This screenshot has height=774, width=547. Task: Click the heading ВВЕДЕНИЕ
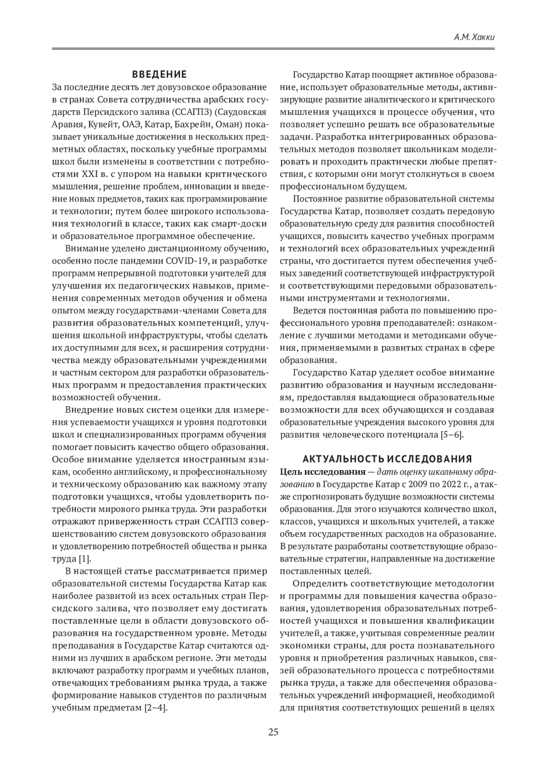tap(159, 74)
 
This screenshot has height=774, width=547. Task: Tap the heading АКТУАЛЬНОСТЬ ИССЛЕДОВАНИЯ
tap(387, 459)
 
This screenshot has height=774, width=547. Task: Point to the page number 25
tap(273, 733)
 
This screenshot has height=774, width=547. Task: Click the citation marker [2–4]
tap(155, 708)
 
